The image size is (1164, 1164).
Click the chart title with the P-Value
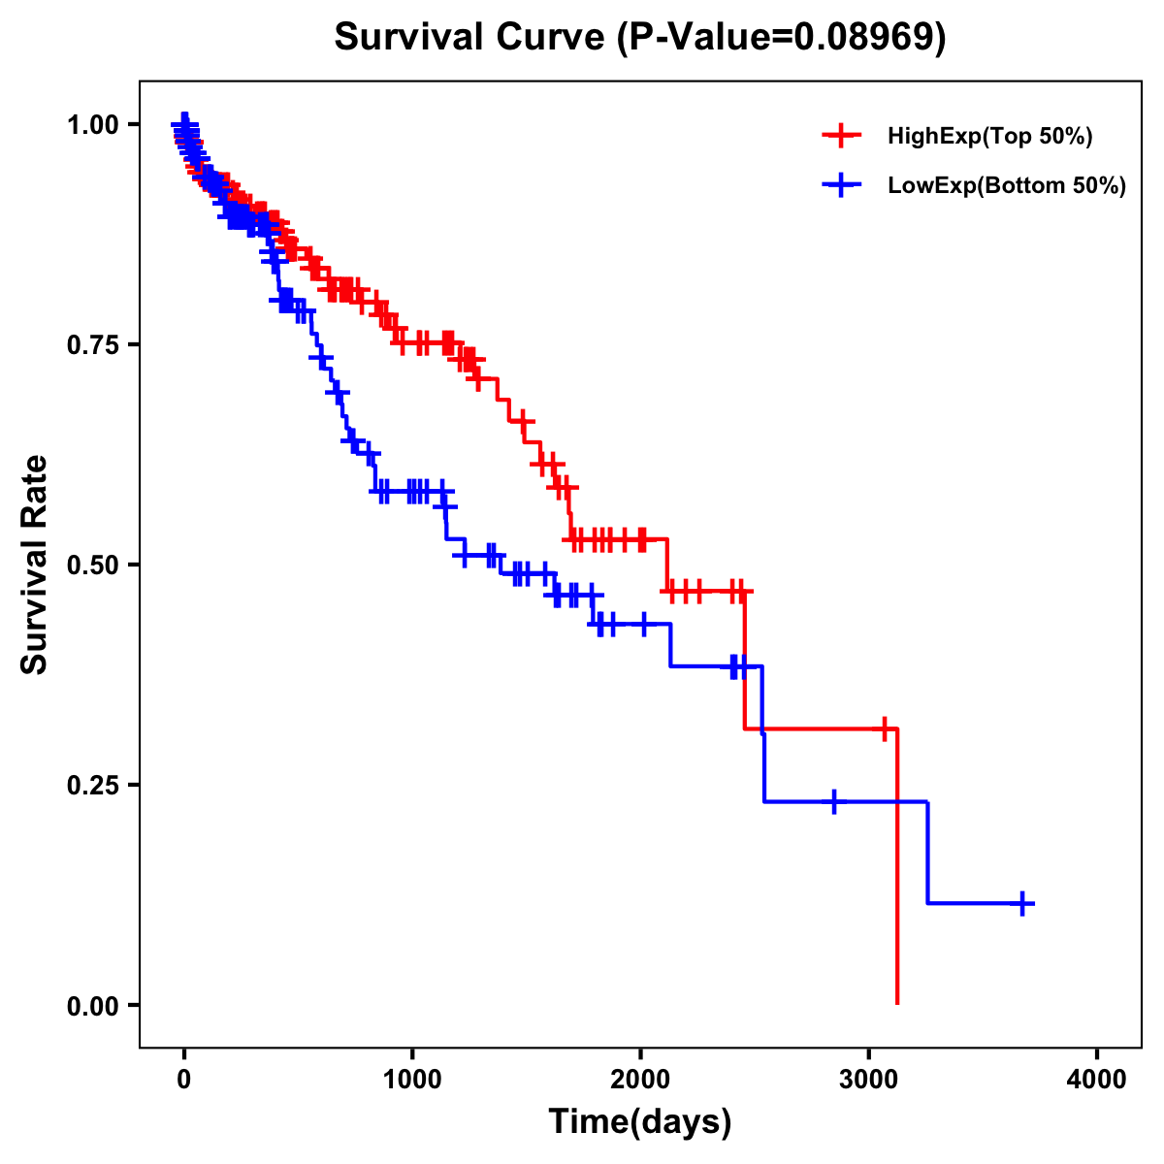pyautogui.click(x=639, y=37)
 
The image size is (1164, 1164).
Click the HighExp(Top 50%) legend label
pyautogui.click(x=989, y=137)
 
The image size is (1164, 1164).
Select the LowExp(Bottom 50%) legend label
pyautogui.click(x=1006, y=186)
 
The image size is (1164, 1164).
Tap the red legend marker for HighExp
pyautogui.click(x=841, y=136)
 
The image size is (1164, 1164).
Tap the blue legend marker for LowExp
pyautogui.click(x=841, y=185)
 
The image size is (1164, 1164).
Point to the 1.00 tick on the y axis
pyautogui.click(x=94, y=125)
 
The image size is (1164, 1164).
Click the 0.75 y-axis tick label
pyautogui.click(x=94, y=345)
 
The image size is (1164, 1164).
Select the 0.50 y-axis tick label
pyautogui.click(x=94, y=565)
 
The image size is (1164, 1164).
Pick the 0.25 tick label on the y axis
pyautogui.click(x=94, y=785)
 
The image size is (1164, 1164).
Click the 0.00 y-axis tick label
pyautogui.click(x=94, y=1006)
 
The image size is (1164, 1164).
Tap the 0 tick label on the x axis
pyautogui.click(x=184, y=1080)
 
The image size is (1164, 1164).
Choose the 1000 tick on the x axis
pyautogui.click(x=412, y=1080)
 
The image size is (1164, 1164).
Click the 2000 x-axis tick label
pyautogui.click(x=640, y=1080)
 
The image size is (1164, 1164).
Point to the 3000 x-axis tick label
pyautogui.click(x=869, y=1080)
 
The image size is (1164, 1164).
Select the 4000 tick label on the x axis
pyautogui.click(x=1097, y=1080)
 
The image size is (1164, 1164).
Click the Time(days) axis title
pyautogui.click(x=639, y=1122)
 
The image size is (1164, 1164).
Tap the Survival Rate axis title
pyautogui.click(x=35, y=565)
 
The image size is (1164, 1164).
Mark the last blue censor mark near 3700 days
pyautogui.click(x=1021, y=903)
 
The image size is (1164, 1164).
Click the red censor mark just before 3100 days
pyautogui.click(x=885, y=728)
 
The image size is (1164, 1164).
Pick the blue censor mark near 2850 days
pyautogui.click(x=833, y=802)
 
